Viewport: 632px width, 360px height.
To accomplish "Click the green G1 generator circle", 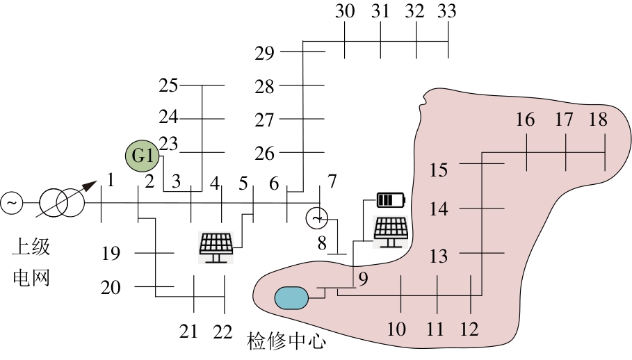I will [143, 156].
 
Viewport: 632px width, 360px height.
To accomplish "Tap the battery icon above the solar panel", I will [390, 201].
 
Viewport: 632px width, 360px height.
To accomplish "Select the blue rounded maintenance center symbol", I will [291, 297].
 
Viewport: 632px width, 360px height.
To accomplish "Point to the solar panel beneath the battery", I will [391, 231].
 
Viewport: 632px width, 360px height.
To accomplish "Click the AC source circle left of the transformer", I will [12, 203].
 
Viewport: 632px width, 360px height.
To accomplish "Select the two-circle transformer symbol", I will [61, 202].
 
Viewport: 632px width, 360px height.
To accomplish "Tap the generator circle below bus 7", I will [316, 218].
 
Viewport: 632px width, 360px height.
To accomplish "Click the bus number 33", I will [447, 11].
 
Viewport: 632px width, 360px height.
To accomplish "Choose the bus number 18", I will [597, 120].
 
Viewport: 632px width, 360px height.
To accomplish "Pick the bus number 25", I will [168, 85].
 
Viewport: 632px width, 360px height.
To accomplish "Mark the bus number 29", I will [264, 53].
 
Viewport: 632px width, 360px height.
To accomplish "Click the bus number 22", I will [222, 332].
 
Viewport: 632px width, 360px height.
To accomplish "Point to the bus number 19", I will [111, 254].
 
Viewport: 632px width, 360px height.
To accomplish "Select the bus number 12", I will [469, 329].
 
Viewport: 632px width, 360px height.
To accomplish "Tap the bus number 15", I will [439, 170].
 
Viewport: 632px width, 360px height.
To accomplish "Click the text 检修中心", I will [286, 342].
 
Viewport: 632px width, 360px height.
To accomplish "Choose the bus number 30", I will [345, 11].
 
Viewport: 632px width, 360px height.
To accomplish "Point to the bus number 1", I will [110, 182].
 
